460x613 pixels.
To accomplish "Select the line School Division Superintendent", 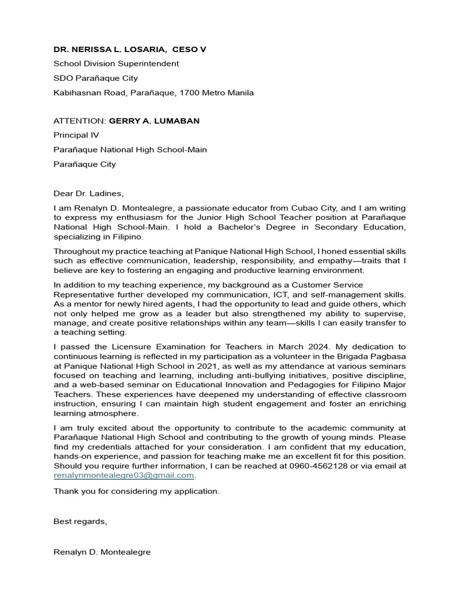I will tap(116, 63).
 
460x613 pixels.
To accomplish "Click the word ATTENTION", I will tap(79, 121).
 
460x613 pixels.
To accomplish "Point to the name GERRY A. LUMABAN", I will tap(154, 121).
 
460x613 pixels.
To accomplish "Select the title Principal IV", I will tap(76, 135).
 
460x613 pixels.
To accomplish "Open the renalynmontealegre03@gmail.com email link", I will tap(124, 475).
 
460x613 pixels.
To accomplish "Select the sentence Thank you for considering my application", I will tap(137, 491).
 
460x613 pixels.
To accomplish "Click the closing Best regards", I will tap(80, 521).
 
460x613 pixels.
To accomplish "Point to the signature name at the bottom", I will tap(102, 552).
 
